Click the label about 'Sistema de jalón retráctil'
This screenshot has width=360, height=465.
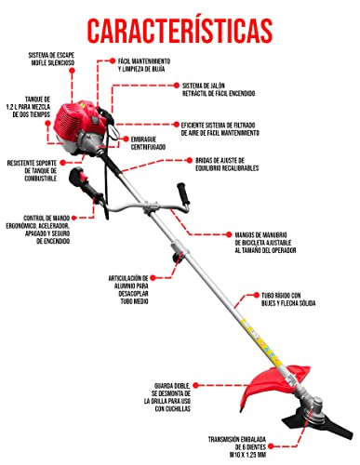coord(232,88)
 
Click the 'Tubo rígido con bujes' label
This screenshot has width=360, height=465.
coord(292,303)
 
